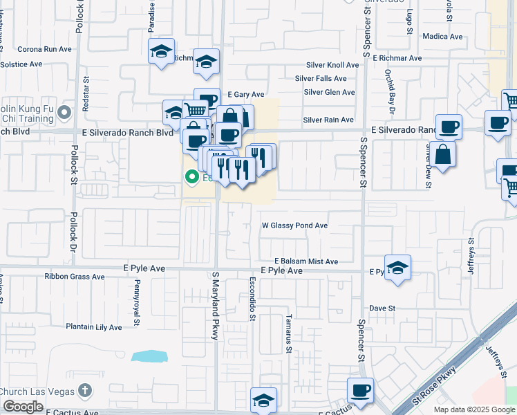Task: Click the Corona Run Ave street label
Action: coord(44,49)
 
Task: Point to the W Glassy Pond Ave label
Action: coord(294,225)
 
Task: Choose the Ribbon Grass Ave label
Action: coord(75,277)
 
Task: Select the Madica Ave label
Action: coord(441,36)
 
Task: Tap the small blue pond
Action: coord(149,356)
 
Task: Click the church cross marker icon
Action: coord(84,391)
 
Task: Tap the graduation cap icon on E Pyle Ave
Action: coord(397,268)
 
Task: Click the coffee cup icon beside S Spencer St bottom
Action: coord(360,391)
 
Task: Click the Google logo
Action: coord(22,407)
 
